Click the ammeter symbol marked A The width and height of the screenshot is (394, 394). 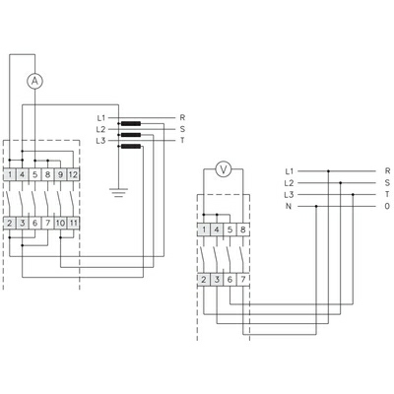tap(34, 81)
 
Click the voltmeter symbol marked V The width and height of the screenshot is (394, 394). tap(224, 169)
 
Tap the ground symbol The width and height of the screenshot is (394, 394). tap(118, 192)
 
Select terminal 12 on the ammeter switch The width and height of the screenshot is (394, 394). tap(73, 174)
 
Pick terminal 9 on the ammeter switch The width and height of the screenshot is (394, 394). tap(60, 174)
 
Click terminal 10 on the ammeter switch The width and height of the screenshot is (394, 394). tap(60, 224)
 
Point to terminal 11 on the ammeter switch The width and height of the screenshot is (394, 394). tap(73, 224)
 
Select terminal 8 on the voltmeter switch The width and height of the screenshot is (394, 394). tap(243, 230)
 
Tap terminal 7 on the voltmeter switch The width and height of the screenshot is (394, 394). tap(243, 280)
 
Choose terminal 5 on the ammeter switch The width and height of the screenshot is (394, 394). tap(34, 174)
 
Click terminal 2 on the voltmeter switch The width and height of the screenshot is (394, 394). tap(204, 280)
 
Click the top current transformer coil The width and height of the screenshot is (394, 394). tap(131, 124)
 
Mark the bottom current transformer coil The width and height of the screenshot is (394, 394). tap(131, 147)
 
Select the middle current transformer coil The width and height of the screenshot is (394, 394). tap(131, 135)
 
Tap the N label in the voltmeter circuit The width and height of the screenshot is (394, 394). tap(289, 206)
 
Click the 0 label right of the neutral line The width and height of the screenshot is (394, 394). tap(387, 206)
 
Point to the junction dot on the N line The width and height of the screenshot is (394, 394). tap(316, 206)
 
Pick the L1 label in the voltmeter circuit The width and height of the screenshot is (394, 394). tap(289, 171)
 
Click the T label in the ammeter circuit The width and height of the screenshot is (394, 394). tap(182, 141)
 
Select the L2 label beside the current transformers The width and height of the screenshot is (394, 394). tap(100, 129)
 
